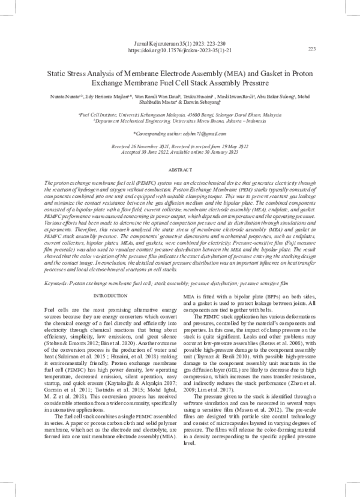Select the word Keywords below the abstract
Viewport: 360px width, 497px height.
coord(59,282)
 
